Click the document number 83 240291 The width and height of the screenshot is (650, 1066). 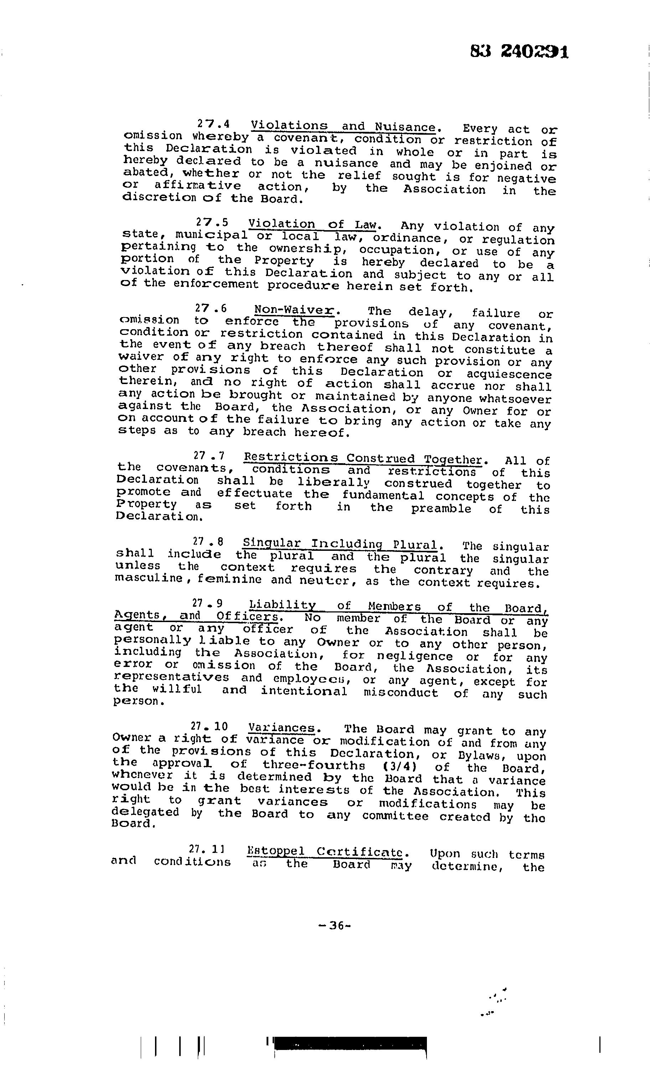(519, 52)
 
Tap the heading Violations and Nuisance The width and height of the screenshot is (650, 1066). (343, 127)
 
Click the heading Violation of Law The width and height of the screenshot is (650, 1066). (313, 224)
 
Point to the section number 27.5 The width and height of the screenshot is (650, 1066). (212, 223)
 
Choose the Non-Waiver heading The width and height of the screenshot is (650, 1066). (294, 310)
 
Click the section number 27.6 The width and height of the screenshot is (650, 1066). (211, 309)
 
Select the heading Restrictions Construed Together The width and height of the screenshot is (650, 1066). (363, 459)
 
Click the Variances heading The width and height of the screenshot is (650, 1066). (281, 728)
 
